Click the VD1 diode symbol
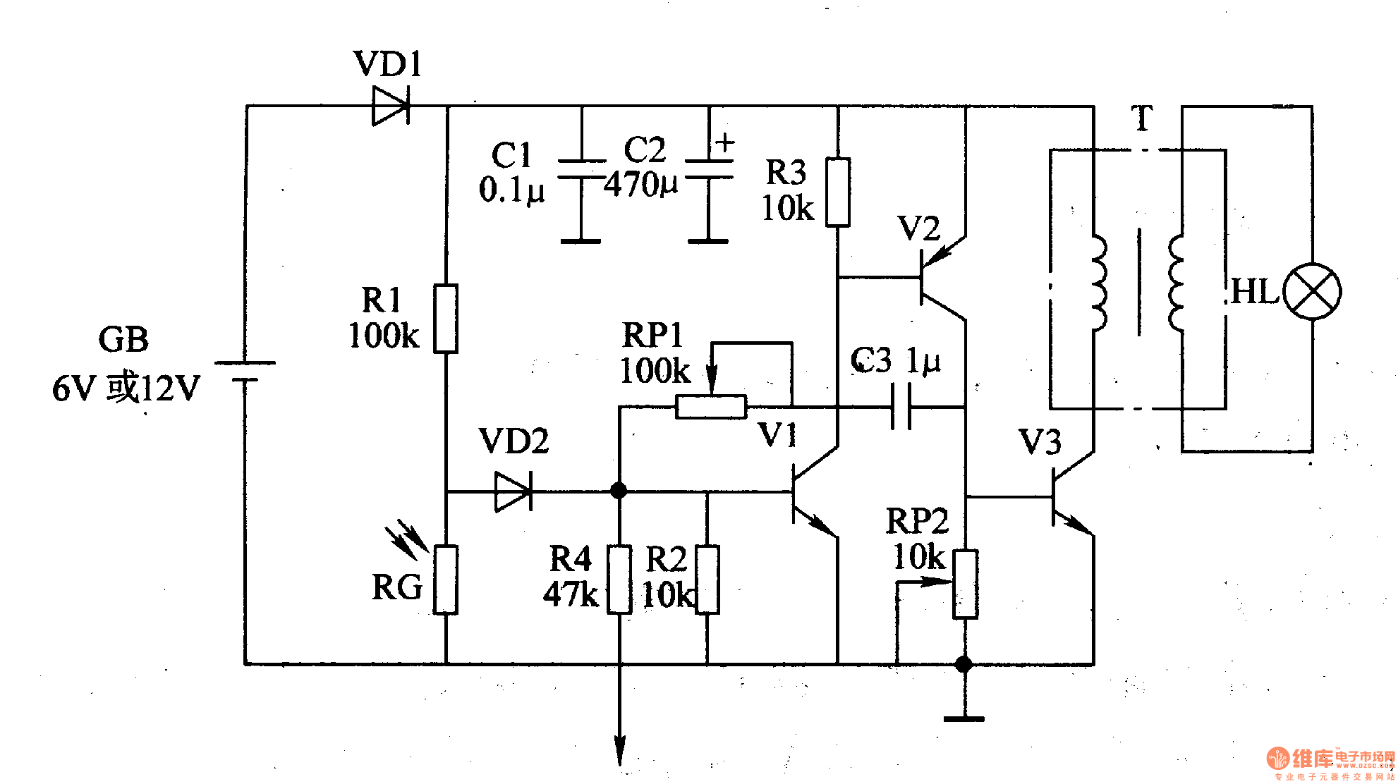[x=390, y=106]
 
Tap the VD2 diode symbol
[x=513, y=491]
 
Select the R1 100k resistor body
[x=445, y=319]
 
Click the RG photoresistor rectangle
[x=445, y=580]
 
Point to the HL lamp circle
[x=1311, y=291]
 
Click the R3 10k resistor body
[x=837, y=192]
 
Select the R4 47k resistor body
[x=619, y=580]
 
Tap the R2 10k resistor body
[x=707, y=580]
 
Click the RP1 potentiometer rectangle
[x=710, y=407]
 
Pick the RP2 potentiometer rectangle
[x=965, y=584]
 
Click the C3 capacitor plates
[x=901, y=407]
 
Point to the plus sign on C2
[x=724, y=143]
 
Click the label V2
[x=918, y=229]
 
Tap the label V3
[x=1040, y=443]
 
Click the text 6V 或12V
[x=126, y=388]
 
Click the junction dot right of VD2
[x=619, y=491]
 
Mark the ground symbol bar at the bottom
[x=964, y=718]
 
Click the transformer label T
[x=1141, y=118]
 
